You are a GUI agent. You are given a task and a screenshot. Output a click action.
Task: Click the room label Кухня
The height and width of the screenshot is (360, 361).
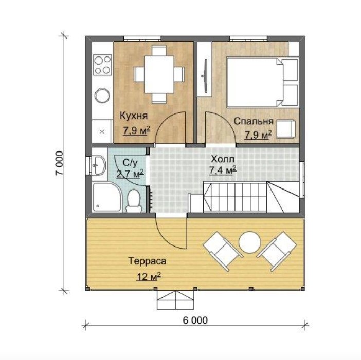(x=134, y=116)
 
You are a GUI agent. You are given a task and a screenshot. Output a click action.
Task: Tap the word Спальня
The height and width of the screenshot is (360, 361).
(x=254, y=121)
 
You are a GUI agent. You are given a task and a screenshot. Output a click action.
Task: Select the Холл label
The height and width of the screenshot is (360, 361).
(x=223, y=159)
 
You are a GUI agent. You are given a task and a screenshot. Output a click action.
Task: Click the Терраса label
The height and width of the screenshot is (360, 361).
(x=147, y=261)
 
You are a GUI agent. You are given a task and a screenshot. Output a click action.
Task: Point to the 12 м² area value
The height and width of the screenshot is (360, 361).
(x=149, y=277)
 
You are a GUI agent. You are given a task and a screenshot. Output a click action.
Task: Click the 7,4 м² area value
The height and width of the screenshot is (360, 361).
(x=223, y=170)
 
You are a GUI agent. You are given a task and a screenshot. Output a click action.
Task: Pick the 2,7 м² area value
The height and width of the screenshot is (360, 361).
(x=130, y=174)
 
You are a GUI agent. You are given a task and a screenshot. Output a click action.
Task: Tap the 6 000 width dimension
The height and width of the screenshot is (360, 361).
(x=195, y=320)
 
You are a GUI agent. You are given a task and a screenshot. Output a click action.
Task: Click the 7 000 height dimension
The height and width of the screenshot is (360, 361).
(x=59, y=163)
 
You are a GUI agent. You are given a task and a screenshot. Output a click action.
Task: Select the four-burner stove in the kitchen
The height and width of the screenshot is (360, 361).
(x=102, y=64)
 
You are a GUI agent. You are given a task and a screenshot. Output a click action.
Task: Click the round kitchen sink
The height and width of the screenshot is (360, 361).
(x=102, y=96)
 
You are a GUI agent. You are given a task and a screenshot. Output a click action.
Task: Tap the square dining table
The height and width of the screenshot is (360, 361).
(x=159, y=74)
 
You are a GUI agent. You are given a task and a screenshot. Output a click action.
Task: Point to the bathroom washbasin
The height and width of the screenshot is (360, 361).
(x=99, y=165)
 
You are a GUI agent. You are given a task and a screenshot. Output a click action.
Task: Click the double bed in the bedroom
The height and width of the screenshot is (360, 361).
(x=262, y=83)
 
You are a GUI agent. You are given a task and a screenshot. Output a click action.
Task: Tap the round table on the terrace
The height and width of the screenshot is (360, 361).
(x=250, y=242)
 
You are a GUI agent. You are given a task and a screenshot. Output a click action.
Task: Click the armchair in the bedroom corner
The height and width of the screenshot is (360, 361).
(x=286, y=129)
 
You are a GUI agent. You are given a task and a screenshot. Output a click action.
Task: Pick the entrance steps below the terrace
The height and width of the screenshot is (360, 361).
(x=176, y=300)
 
